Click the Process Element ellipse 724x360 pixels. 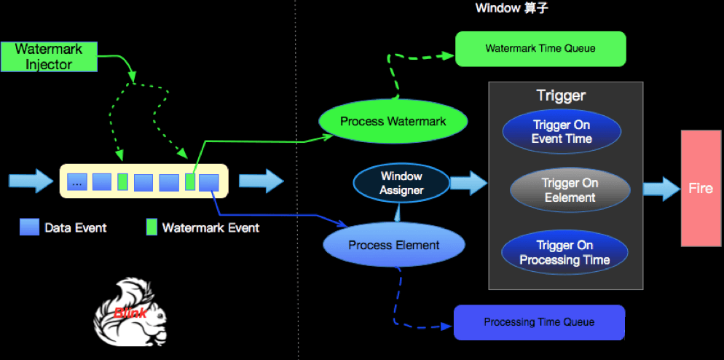393,245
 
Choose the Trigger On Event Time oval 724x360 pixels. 561,132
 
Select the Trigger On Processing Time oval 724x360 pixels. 564,252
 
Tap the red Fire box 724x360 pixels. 701,188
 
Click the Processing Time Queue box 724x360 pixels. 539,322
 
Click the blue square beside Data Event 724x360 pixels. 29,227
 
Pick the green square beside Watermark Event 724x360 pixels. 152,227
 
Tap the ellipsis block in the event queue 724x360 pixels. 76,181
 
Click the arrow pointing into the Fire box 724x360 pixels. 661,189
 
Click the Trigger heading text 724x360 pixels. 561,95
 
